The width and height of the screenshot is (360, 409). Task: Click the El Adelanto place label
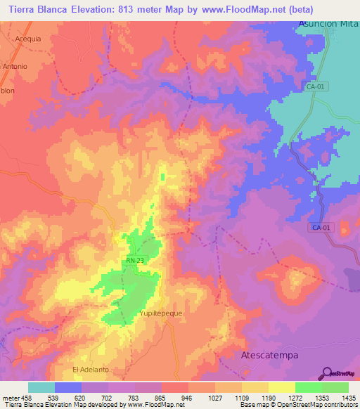[91, 369]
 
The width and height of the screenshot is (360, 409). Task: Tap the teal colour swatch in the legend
[41, 387]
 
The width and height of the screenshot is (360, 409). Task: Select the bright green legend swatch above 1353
[309, 387]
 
